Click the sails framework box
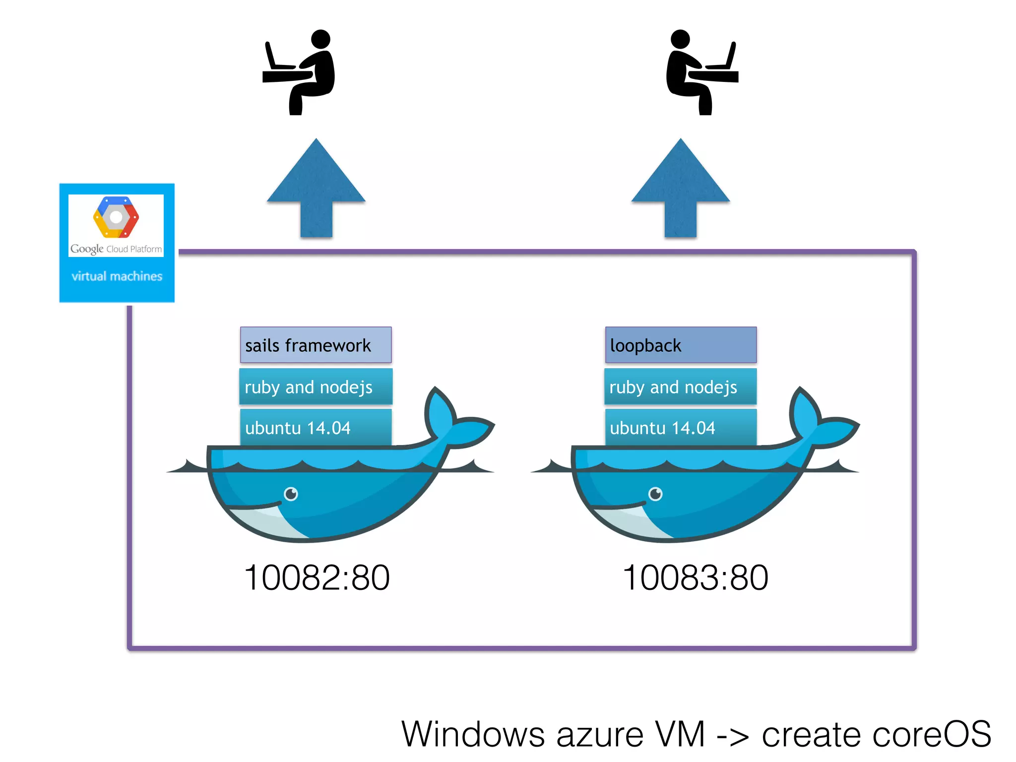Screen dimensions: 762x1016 pyautogui.click(x=316, y=345)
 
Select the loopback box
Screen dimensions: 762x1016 pyautogui.click(x=680, y=345)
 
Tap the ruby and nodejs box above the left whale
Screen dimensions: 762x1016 pyautogui.click(x=316, y=386)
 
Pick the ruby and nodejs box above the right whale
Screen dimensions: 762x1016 pyautogui.click(x=680, y=386)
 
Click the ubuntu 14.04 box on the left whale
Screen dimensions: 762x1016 pyautogui.click(x=316, y=427)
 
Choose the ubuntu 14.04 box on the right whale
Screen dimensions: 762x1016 pyautogui.click(x=680, y=427)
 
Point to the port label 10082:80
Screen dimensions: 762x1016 pyautogui.click(x=317, y=577)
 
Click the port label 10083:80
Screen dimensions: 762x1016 pyautogui.click(x=695, y=577)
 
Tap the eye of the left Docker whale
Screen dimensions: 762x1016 pyautogui.click(x=291, y=494)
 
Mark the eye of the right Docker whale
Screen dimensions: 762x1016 pyautogui.click(x=655, y=494)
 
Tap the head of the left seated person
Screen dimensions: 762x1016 pyautogui.click(x=320, y=39)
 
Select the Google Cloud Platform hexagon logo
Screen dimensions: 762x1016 pyautogui.click(x=116, y=217)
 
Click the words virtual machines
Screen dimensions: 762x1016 pyautogui.click(x=117, y=276)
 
